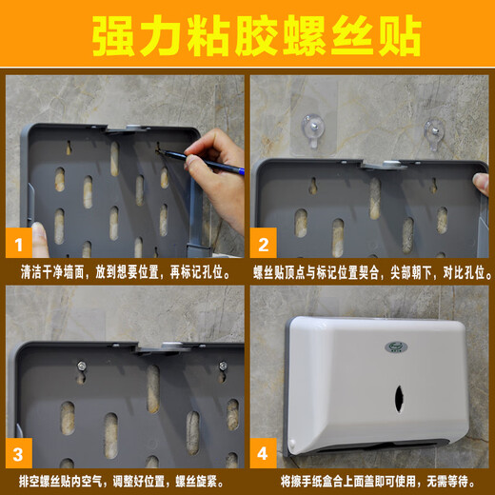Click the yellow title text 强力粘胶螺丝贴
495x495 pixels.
click(247, 36)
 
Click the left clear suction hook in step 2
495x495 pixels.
click(311, 128)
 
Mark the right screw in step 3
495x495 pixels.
click(223, 366)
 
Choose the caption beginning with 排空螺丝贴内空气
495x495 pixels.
click(124, 478)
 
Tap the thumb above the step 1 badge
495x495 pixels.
click(39, 238)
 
